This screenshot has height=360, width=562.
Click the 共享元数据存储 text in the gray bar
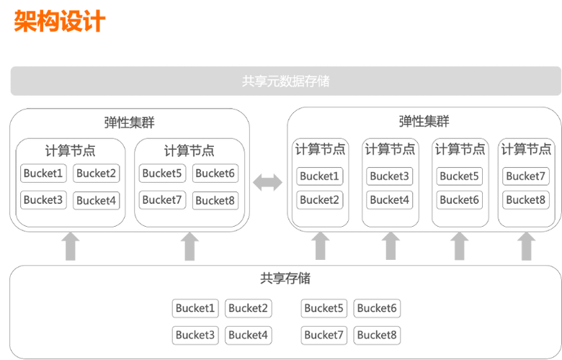[285, 81]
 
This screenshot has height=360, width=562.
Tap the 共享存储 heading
[285, 278]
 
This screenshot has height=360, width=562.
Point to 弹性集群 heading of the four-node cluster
[424, 122]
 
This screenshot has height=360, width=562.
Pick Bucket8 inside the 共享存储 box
[377, 335]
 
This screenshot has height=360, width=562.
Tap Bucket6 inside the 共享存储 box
[377, 308]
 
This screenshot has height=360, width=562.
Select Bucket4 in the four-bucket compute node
[96, 200]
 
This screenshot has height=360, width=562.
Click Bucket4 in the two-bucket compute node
[390, 199]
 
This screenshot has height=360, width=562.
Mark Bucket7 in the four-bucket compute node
[162, 199]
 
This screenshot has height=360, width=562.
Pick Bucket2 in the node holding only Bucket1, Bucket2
[319, 199]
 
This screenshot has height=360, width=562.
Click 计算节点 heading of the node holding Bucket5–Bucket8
[189, 151]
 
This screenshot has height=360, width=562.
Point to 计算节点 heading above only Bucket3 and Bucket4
[390, 150]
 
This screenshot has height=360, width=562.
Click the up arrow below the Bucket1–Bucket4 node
[70, 246]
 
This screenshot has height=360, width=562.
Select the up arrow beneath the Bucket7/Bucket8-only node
[527, 246]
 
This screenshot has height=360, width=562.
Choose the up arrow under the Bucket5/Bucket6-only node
[459, 246]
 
